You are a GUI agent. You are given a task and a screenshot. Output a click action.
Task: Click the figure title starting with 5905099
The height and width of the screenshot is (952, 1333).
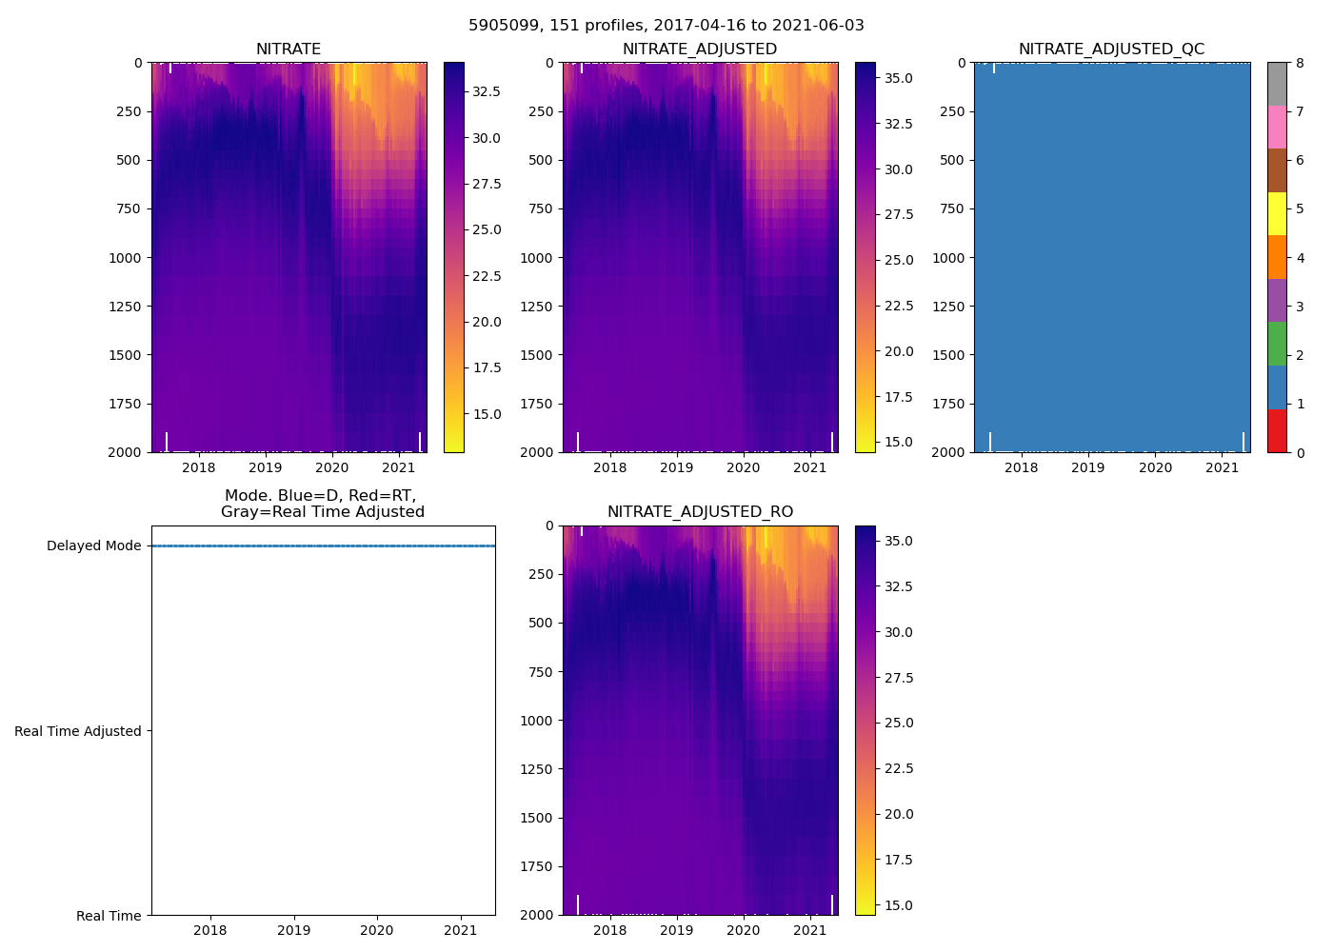666,26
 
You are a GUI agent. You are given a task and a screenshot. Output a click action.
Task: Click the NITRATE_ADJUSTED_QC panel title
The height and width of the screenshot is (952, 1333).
1111,50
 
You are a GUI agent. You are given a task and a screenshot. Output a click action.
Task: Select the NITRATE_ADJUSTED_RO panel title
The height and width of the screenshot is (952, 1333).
700,512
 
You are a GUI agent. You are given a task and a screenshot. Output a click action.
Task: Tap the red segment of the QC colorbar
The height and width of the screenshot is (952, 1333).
1277,430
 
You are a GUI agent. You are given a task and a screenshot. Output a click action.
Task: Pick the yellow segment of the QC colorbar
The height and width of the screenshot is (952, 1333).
1277,213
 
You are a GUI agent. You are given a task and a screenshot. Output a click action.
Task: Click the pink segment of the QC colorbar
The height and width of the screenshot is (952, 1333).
1277,127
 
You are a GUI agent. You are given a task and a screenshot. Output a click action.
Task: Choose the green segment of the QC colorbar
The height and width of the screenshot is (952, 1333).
1277,344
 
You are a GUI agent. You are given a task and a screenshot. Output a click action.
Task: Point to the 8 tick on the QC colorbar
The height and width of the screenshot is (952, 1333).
1300,63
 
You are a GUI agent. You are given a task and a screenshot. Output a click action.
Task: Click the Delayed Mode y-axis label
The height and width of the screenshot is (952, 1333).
93,546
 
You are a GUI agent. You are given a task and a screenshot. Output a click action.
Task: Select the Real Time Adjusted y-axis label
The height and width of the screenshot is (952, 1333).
78,731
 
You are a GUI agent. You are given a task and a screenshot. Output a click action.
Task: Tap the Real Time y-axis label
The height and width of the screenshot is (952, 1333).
109,916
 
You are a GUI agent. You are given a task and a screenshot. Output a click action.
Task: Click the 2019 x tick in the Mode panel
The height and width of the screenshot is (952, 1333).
293,930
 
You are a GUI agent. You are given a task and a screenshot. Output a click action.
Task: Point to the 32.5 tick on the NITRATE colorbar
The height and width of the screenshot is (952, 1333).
487,92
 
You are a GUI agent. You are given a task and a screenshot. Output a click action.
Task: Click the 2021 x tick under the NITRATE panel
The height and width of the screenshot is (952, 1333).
398,467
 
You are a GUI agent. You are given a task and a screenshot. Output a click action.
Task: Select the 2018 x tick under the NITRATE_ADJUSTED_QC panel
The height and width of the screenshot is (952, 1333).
1021,467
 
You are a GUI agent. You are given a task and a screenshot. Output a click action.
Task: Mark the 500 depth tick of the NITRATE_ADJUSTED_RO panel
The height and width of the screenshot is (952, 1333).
542,623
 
